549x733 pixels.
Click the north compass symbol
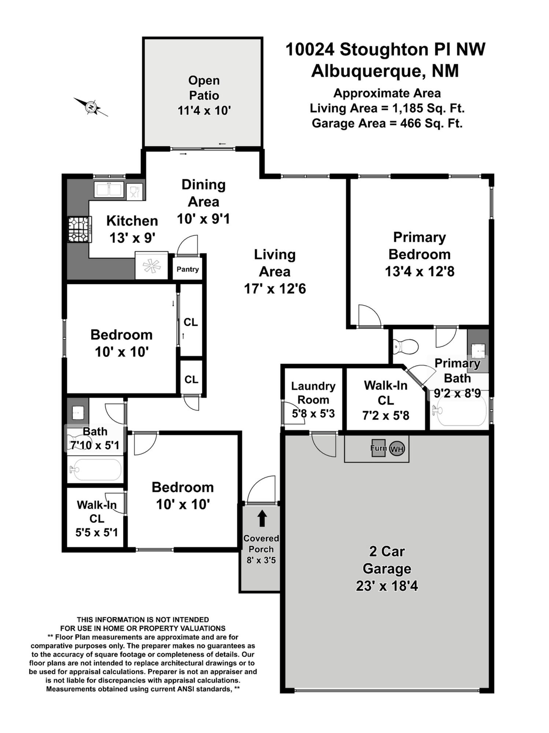tap(91, 107)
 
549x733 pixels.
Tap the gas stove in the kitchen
tap(79, 230)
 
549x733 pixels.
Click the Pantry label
tap(188, 269)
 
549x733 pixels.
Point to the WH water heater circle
tap(397, 449)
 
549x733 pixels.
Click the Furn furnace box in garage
tap(378, 448)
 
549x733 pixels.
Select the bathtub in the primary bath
tap(460, 410)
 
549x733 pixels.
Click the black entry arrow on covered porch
tap(262, 519)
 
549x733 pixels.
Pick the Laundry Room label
tap(313, 393)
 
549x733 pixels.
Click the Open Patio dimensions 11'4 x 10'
tap(204, 111)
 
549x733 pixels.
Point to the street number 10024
tap(310, 49)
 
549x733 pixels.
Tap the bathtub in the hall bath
tap(95, 469)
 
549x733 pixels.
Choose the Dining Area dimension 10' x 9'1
tap(203, 219)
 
